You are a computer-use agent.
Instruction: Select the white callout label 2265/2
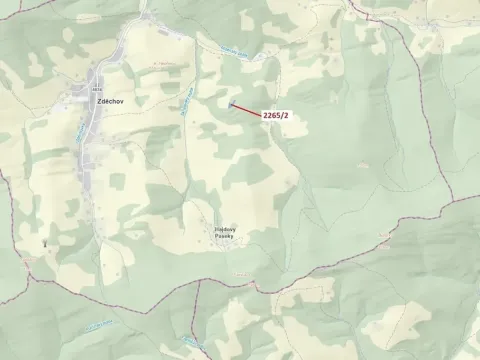pos(276,116)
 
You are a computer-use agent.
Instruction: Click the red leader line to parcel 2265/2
pos(246,109)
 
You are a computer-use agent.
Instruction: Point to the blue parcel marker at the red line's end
pos(230,103)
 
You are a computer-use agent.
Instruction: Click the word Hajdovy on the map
pos(225,229)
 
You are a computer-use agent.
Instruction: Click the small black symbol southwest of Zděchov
pos(44,242)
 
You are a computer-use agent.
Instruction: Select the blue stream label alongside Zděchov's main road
pos(79,132)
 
